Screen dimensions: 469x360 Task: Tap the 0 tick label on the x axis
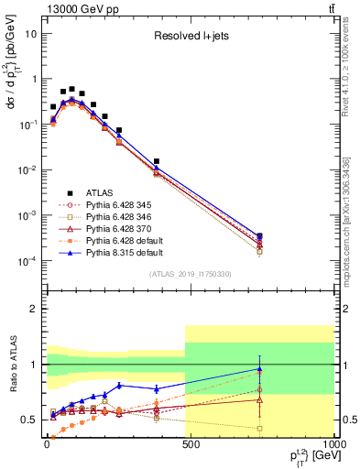(45, 444)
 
